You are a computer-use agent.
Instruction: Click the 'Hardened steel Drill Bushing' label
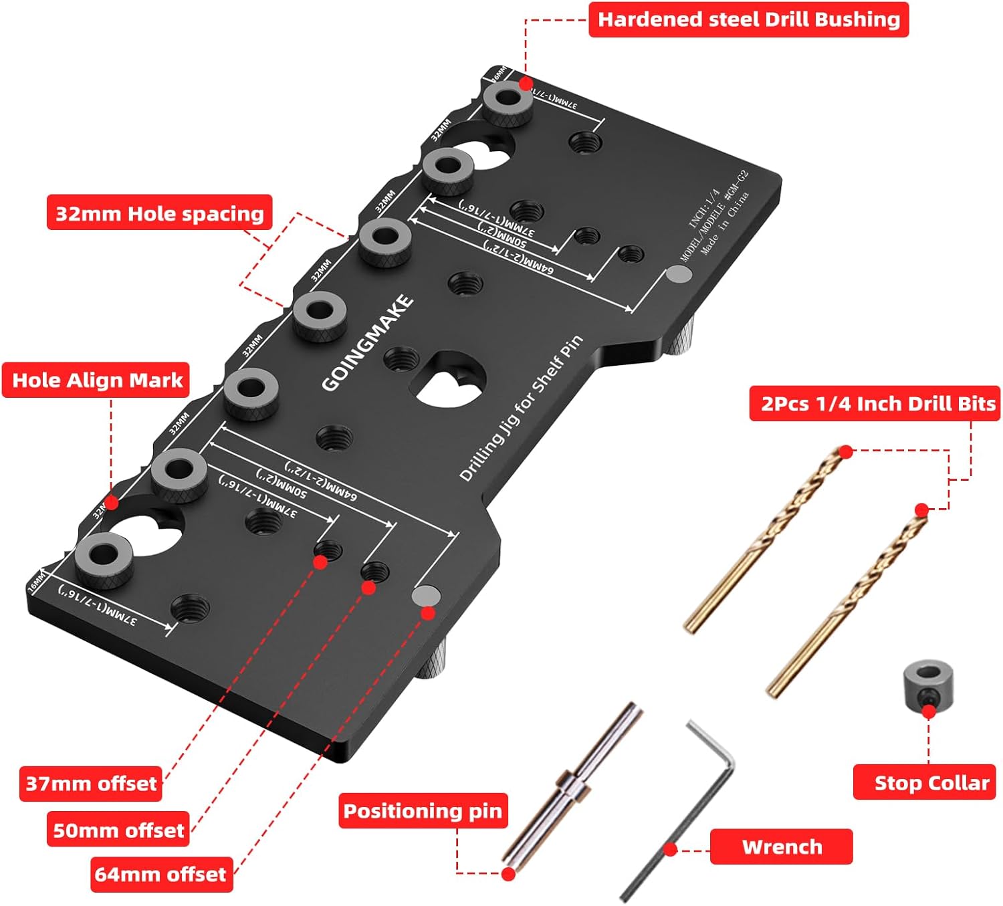pos(748,19)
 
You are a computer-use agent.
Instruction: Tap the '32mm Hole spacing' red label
pos(159,213)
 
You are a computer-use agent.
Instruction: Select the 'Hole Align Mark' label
pos(96,380)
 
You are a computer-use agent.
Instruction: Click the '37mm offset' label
pos(91,783)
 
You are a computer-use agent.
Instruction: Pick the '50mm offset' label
pos(118,830)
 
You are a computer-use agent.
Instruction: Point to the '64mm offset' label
pos(161,874)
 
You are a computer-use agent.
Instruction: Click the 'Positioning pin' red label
pos(423,810)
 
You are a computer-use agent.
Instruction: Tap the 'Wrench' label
pos(781,846)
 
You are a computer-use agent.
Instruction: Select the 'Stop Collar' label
pos(925,782)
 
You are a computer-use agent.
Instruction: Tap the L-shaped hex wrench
pos(689,809)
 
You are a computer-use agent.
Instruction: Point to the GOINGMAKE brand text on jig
pos(367,342)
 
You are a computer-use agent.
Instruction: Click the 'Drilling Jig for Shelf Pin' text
pos(521,408)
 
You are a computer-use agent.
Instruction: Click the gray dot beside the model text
pos(679,274)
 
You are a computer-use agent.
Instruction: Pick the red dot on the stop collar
pos(929,711)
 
